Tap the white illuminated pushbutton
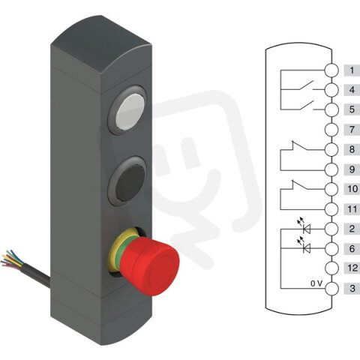(130, 112)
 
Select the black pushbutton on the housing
(130, 182)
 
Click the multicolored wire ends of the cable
(11, 259)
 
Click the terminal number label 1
(352, 70)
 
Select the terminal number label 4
(352, 90)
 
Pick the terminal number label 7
(352, 130)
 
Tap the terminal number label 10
(352, 189)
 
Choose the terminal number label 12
(352, 268)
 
